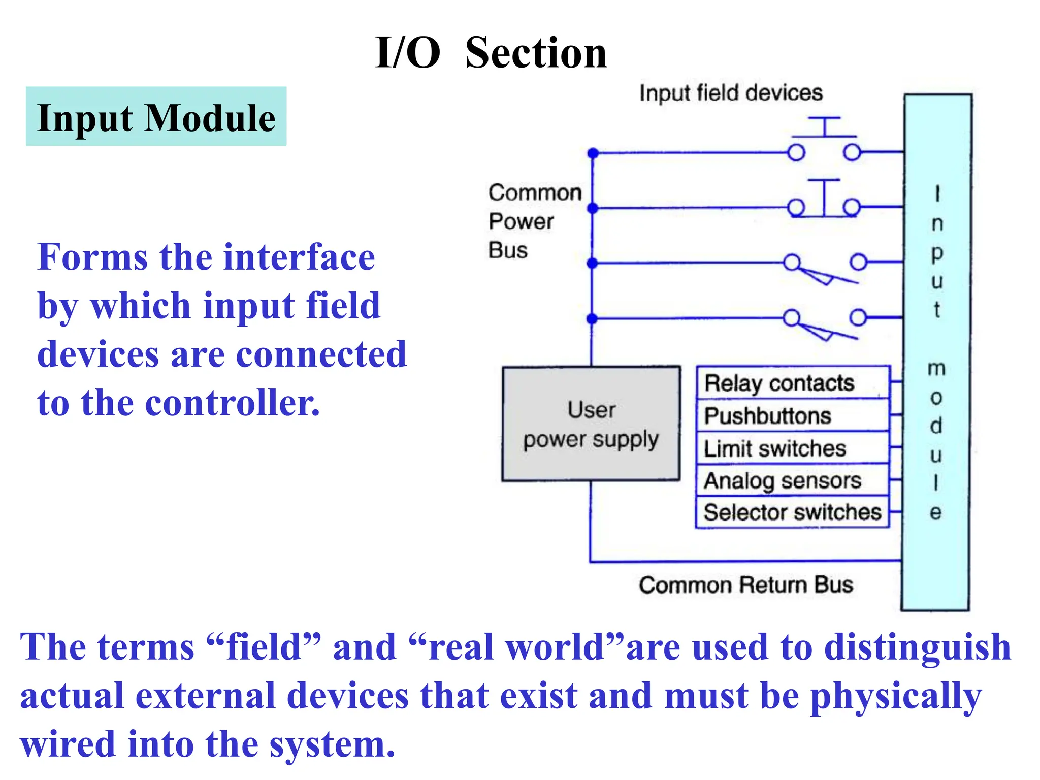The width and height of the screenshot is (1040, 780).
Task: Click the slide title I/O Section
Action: (x=491, y=53)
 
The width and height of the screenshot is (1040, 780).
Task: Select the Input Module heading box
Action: (x=156, y=116)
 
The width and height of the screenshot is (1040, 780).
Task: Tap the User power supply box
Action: (x=591, y=424)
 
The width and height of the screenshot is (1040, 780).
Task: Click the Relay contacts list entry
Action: (x=779, y=383)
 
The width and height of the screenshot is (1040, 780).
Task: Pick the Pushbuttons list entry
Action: (x=768, y=416)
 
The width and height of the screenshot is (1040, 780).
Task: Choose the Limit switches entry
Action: (x=775, y=448)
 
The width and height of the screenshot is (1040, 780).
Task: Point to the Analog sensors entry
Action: (x=783, y=480)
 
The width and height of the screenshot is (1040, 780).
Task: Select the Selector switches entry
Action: (x=792, y=512)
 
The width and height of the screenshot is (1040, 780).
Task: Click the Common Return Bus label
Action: (x=745, y=585)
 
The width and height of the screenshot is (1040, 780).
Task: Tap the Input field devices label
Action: (x=731, y=93)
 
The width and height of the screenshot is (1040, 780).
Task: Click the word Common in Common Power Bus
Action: (x=535, y=192)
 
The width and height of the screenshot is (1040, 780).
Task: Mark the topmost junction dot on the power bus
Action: (x=593, y=153)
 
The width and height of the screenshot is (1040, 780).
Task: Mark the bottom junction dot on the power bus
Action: (x=592, y=319)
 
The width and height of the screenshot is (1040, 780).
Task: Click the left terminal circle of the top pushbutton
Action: (x=796, y=152)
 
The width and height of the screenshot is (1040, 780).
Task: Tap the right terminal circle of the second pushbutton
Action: (x=852, y=207)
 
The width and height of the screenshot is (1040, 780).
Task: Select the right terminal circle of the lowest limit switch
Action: (x=858, y=317)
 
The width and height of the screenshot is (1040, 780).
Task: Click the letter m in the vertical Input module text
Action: (x=936, y=368)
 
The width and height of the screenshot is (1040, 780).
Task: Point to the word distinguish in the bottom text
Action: (x=917, y=647)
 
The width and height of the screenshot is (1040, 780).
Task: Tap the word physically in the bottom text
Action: (x=896, y=697)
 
